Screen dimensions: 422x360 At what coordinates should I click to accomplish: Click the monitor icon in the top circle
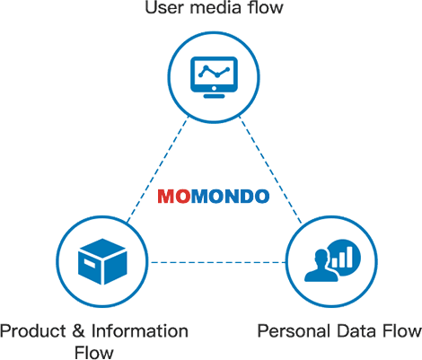click(x=214, y=77)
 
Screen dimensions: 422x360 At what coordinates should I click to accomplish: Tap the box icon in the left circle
click(x=102, y=261)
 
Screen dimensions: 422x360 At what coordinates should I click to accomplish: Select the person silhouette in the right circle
click(x=321, y=266)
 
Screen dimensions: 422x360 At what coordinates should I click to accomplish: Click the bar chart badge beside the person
click(x=344, y=257)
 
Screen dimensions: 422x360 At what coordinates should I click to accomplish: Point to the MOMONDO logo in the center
click(x=214, y=197)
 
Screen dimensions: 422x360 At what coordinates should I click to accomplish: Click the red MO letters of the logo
click(x=174, y=197)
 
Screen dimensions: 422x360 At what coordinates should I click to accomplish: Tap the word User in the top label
click(x=163, y=7)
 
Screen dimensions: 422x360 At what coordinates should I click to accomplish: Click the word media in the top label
click(x=215, y=7)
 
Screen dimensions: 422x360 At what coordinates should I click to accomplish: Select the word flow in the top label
click(x=265, y=7)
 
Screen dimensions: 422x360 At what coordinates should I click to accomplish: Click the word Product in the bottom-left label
click(x=33, y=331)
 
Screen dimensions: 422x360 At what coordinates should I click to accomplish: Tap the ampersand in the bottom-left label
click(x=78, y=331)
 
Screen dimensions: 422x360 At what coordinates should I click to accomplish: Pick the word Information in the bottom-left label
click(x=140, y=331)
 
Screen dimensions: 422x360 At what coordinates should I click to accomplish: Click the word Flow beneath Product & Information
click(x=94, y=353)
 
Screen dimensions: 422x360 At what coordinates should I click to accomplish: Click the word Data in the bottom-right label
click(x=356, y=331)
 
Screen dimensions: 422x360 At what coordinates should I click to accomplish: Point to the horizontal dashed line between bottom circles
click(x=218, y=262)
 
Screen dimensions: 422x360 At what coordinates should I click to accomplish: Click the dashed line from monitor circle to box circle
click(x=158, y=170)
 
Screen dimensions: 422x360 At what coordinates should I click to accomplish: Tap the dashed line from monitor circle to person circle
click(x=270, y=170)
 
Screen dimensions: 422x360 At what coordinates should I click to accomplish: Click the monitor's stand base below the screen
click(x=214, y=96)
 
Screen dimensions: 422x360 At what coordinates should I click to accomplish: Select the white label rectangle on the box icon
click(x=90, y=264)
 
